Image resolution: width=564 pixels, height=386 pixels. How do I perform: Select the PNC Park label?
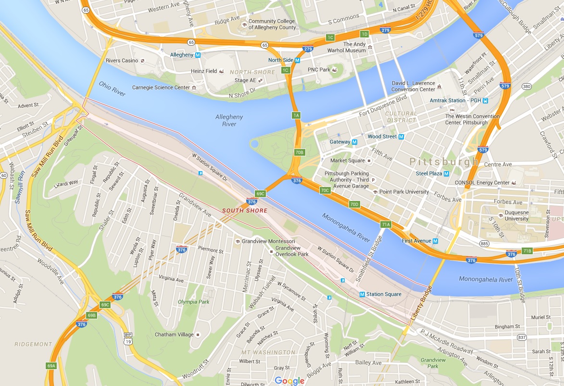[319, 70]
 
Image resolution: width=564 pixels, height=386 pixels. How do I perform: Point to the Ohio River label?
[112, 88]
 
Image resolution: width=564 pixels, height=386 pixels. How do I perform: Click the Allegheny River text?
[229, 120]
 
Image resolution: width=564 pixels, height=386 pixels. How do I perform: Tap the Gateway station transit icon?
[354, 142]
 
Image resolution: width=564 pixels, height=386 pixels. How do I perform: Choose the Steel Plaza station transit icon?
[446, 174]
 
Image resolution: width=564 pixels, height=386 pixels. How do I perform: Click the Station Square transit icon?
[362, 294]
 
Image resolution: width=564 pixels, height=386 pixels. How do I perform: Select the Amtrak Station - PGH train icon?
[486, 100]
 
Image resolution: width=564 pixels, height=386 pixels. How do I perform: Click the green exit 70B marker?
[300, 152]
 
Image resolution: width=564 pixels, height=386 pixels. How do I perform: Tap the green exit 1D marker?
[364, 34]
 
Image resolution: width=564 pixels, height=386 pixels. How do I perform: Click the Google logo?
[290, 381]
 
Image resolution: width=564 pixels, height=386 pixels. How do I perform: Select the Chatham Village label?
[174, 335]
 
